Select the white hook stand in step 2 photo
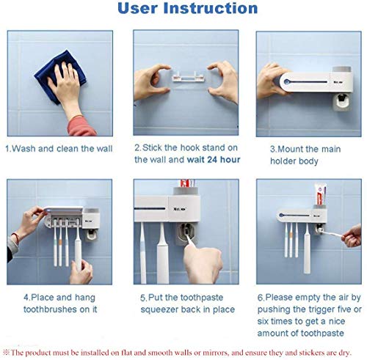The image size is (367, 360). [x=179, y=76]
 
